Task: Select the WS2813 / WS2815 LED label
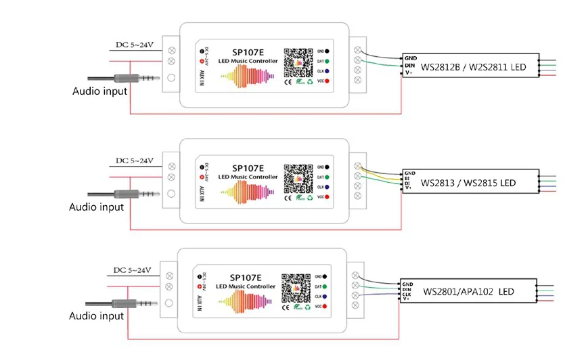pyautogui.click(x=468, y=183)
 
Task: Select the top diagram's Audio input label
pyautogui.click(x=99, y=91)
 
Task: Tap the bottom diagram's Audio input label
pyautogui.click(x=97, y=316)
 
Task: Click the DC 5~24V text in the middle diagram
pyautogui.click(x=135, y=161)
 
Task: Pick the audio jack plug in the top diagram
pyautogui.click(x=135, y=79)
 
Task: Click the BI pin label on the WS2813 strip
pyautogui.click(x=408, y=178)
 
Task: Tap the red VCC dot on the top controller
pyautogui.click(x=328, y=81)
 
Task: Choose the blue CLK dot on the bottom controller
pyautogui.click(x=325, y=297)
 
